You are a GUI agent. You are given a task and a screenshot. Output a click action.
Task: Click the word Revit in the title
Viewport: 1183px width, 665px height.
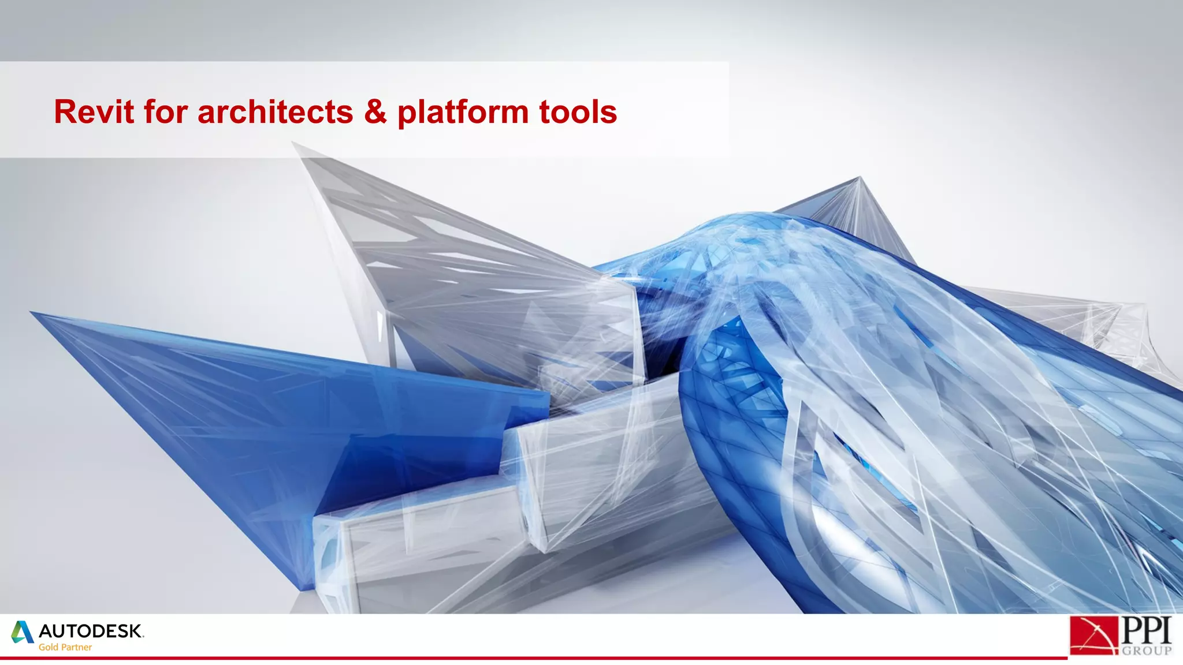94,111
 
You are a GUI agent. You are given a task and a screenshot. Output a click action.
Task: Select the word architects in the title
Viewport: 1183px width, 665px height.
275,111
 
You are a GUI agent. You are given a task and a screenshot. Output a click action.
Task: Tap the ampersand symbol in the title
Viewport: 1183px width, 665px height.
375,111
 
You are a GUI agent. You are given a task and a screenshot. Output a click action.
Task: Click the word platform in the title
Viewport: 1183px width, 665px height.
462,113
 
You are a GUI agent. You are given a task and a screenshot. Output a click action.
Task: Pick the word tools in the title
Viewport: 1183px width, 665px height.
578,111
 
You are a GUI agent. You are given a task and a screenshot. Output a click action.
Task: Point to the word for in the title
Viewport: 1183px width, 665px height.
166,111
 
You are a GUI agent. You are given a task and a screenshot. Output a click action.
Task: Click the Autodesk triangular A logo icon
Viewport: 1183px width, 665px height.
23,632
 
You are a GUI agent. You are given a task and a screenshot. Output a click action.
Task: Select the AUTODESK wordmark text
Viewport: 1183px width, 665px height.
91,631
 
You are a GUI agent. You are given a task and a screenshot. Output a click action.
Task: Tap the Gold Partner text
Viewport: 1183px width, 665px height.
65,647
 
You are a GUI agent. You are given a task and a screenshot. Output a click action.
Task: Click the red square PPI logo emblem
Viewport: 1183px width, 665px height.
1093,635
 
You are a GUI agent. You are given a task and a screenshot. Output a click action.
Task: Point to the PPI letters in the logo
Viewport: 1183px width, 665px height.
1147,630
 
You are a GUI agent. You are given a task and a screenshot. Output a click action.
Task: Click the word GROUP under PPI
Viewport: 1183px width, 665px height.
1147,651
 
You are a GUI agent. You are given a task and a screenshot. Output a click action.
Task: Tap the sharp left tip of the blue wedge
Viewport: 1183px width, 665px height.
32,313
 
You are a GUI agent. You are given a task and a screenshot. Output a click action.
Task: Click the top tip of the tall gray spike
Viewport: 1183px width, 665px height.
295,144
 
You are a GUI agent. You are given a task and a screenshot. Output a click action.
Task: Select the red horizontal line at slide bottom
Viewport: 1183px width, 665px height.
520,657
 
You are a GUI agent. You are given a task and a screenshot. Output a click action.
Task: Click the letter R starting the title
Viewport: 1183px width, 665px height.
65,111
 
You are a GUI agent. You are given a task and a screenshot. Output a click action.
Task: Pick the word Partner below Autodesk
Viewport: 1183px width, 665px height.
77,647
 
